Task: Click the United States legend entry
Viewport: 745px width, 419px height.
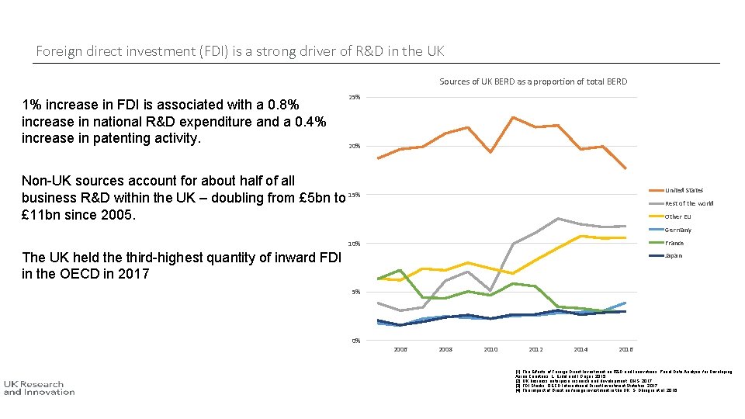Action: [684, 190]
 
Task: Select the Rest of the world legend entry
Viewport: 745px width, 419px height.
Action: [688, 203]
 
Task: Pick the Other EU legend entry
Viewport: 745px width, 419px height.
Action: [677, 216]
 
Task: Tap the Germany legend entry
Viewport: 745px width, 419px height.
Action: [677, 230]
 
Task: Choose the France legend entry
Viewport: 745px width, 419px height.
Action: [674, 243]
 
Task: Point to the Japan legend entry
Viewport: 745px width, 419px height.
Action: [674, 255]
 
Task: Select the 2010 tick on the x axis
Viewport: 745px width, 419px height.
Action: [490, 350]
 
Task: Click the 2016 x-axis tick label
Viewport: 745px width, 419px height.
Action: [626, 350]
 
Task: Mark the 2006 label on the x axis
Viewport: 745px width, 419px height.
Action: [400, 350]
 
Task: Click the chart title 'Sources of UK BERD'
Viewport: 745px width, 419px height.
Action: [533, 81]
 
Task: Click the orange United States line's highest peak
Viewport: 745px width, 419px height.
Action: [513, 117]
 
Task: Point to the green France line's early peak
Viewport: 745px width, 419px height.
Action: [400, 270]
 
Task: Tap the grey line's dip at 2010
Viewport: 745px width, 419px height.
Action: [490, 291]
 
